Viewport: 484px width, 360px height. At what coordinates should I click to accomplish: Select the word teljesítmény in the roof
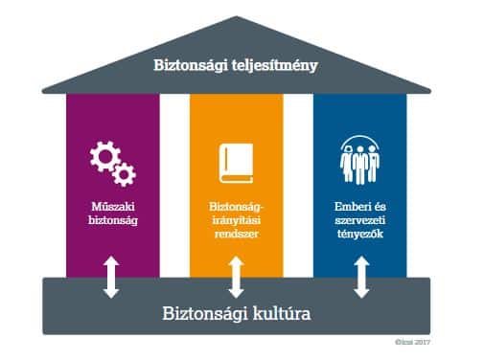[274, 66]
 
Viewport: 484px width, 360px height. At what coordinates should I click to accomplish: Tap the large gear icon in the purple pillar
[105, 156]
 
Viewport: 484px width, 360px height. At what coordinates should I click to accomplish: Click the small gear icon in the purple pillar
[124, 174]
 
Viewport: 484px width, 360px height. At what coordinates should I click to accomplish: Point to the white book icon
[236, 164]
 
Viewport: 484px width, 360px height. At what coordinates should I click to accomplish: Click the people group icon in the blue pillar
[359, 160]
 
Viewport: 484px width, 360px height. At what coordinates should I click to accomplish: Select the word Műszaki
[113, 206]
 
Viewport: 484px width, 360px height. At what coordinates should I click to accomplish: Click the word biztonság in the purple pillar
[113, 220]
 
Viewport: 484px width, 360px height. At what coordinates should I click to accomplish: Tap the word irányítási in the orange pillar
[237, 220]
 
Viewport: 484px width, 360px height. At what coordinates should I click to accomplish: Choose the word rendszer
[237, 234]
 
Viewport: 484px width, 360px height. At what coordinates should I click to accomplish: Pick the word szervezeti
[360, 220]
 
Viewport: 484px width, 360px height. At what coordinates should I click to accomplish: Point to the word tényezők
[360, 234]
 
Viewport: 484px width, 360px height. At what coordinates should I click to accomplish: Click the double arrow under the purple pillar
[111, 278]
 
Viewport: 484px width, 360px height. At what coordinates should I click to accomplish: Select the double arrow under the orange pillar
[236, 278]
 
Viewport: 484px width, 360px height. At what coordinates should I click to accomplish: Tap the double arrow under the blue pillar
[361, 278]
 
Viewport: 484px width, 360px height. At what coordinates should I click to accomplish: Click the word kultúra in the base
[282, 313]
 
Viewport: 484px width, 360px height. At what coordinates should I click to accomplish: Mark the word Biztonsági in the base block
[205, 314]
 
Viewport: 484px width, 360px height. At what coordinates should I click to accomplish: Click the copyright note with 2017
[412, 342]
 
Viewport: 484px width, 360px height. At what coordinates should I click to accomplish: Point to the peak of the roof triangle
[237, 16]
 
